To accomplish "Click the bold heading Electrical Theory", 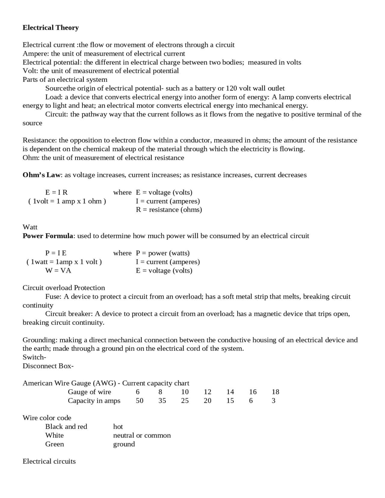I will click(x=51, y=28).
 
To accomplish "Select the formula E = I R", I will click(x=56, y=192).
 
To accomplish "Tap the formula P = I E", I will click(x=56, y=253).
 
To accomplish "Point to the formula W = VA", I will click(x=58, y=271).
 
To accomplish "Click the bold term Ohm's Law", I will click(x=42, y=175).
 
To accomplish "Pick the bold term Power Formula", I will click(x=48, y=236).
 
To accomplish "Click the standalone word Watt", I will click(x=30, y=227).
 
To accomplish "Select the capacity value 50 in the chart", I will click(x=140, y=401).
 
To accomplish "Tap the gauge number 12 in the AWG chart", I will click(x=208, y=392).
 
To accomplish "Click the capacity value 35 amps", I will click(x=162, y=401).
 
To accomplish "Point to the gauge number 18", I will click(x=275, y=392).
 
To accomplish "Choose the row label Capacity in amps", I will click(x=94, y=401).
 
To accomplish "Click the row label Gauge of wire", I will click(x=89, y=392).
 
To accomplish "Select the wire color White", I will click(x=54, y=435).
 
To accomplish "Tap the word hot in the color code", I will click(x=118, y=427).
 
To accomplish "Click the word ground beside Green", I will click(x=124, y=444).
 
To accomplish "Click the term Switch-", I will click(x=34, y=357).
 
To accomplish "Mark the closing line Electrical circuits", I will click(x=49, y=461).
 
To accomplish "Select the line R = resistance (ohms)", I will click(x=169, y=210).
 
